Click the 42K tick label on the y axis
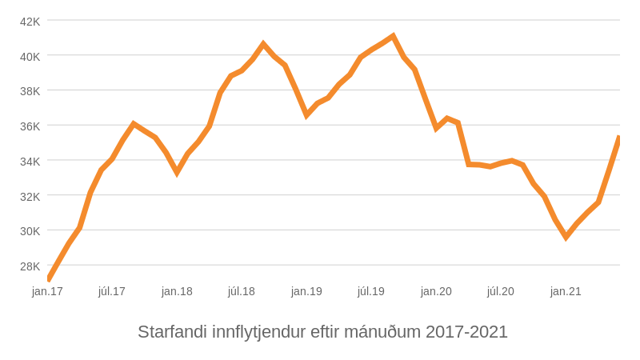30,22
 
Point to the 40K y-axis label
30,57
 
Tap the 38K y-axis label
30,91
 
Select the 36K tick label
30,126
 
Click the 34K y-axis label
30,162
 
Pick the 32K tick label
30,197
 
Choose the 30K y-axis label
30,231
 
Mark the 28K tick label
30,266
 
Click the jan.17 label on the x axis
47,291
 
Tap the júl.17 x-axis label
112,291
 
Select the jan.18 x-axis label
177,291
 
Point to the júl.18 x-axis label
242,291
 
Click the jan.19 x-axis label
306,291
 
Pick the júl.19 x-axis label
371,291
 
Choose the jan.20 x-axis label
436,291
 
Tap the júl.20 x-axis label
501,291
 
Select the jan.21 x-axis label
566,291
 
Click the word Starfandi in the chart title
172,332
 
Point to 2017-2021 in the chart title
466,332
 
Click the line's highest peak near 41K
393,37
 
